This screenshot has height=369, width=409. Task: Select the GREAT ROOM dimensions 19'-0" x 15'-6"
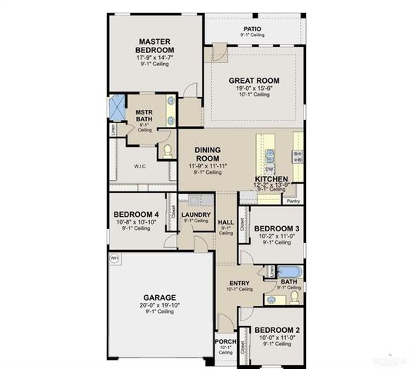coord(253,88)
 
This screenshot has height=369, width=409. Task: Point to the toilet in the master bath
coord(167,149)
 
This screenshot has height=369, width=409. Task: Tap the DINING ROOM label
coord(207,155)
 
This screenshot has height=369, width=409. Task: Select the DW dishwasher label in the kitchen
coord(269,169)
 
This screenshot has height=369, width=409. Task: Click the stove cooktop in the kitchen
coord(297,155)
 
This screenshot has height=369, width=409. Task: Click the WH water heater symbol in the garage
coord(115,258)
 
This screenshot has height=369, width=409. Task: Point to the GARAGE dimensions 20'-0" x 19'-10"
coord(159,305)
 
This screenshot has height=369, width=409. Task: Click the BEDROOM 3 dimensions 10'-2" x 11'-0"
coord(277,237)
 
